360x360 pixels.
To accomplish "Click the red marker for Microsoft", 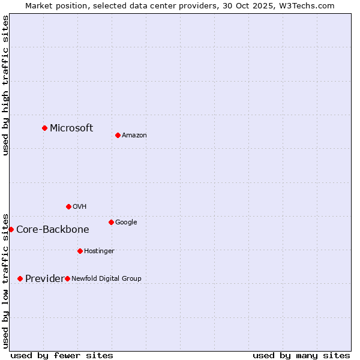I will (x=44, y=128).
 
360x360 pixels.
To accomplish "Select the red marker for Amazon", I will (x=118, y=135).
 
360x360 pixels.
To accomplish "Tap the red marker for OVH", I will (x=68, y=206).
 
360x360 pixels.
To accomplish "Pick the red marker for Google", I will (x=111, y=222).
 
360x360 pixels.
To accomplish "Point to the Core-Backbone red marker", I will (x=11, y=229).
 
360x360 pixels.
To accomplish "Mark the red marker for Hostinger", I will (x=80, y=251).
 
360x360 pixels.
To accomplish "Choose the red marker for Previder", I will (x=20, y=278).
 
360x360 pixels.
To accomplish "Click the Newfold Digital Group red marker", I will (x=67, y=278).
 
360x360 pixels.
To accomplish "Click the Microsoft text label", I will (x=71, y=128).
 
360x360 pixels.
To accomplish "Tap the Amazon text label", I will (x=134, y=135).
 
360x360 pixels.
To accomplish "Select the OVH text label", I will (x=80, y=206).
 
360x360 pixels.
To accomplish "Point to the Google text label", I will (x=126, y=222).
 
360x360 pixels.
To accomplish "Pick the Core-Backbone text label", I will (x=53, y=229).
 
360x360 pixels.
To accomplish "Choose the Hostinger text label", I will (x=99, y=251).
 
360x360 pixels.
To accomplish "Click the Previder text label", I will (x=44, y=278).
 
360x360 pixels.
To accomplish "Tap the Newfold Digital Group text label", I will (x=106, y=278).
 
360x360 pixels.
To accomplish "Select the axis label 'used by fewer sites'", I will (x=62, y=355).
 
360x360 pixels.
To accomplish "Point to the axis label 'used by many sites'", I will (x=301, y=355).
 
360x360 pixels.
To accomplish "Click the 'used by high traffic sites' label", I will (x=5, y=85).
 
